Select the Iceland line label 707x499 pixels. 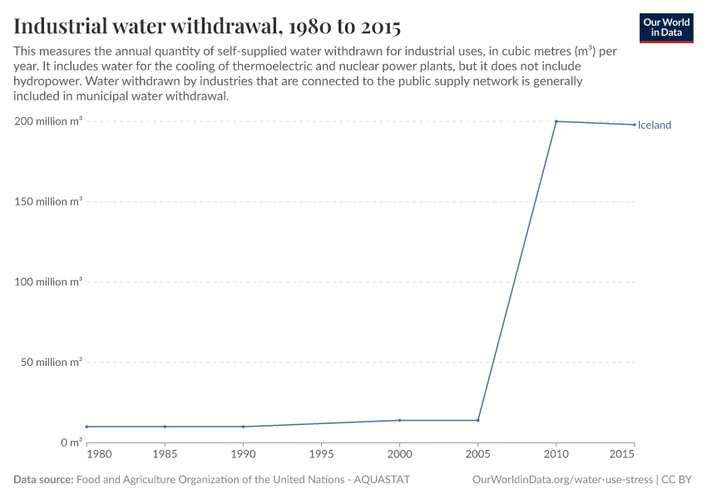655,126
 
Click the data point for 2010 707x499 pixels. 556,121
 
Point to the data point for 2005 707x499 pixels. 478,420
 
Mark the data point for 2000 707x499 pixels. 400,420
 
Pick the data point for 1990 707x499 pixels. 243,427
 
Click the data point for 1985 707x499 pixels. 165,427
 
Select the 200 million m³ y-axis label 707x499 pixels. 48,121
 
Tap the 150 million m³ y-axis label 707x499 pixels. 48,201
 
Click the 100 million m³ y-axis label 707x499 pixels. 48,282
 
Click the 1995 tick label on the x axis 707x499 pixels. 321,455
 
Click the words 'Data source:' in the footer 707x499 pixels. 43,480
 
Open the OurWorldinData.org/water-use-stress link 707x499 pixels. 562,480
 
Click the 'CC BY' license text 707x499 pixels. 677,480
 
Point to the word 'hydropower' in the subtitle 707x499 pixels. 47,82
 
